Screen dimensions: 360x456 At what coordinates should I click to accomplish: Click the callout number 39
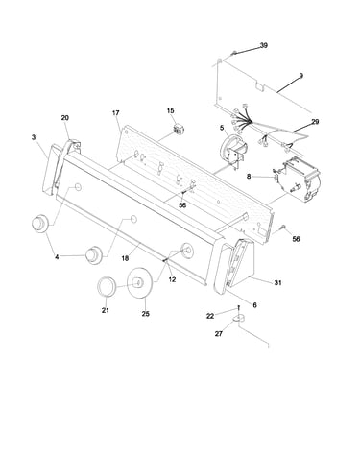(x=263, y=45)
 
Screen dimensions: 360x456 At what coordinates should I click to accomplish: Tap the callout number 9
(x=300, y=76)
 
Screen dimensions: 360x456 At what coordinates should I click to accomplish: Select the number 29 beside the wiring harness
(x=315, y=122)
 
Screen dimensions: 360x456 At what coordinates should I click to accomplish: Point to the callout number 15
(x=171, y=110)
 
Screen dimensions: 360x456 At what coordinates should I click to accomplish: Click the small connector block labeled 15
(x=177, y=130)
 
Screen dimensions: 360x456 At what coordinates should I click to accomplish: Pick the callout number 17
(x=115, y=113)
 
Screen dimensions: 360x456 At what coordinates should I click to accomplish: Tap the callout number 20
(x=64, y=118)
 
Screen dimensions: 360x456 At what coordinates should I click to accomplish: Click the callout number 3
(x=34, y=137)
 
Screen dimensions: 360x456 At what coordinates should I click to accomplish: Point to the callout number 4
(x=57, y=257)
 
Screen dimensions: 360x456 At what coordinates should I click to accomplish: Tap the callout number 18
(x=125, y=258)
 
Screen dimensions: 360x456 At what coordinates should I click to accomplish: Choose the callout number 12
(x=172, y=279)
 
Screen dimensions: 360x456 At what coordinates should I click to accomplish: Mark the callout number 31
(x=277, y=283)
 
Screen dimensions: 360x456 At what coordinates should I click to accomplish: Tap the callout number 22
(x=210, y=316)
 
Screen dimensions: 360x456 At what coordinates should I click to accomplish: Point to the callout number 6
(x=254, y=305)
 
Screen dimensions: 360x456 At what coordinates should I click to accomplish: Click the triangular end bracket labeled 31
(x=242, y=263)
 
